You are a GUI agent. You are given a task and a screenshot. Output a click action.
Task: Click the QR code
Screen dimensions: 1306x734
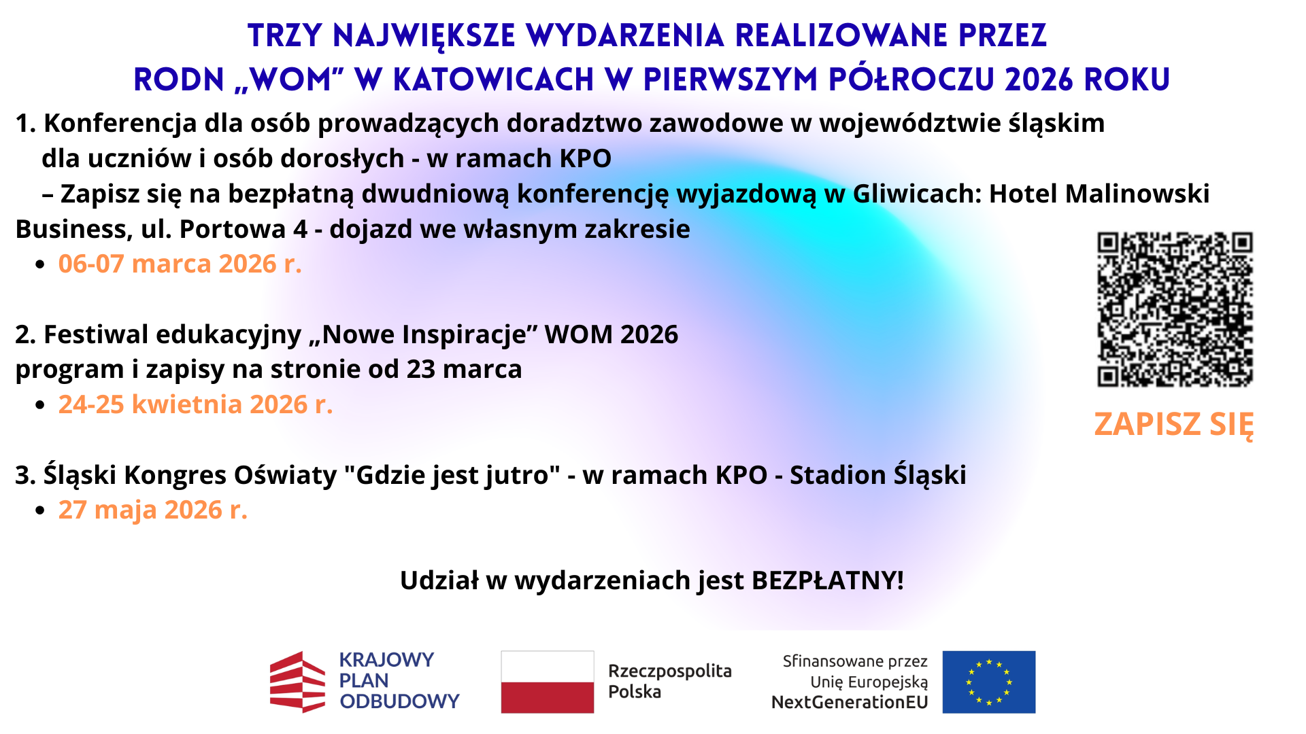[x=1175, y=309]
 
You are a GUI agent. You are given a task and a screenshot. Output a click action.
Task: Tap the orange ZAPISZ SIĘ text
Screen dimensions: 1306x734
[x=1174, y=425]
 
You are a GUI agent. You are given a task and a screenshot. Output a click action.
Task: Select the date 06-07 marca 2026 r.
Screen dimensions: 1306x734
[x=180, y=264]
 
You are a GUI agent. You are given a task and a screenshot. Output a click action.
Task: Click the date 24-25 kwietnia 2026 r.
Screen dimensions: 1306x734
[x=195, y=404]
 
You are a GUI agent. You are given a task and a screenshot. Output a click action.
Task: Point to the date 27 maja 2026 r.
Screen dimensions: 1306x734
[x=152, y=510]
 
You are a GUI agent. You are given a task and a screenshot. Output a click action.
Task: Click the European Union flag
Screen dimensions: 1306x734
[x=989, y=682]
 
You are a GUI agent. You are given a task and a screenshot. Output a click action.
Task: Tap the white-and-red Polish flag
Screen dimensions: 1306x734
[x=548, y=682]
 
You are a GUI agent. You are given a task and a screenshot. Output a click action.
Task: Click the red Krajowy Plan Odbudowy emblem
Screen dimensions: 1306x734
[x=297, y=682]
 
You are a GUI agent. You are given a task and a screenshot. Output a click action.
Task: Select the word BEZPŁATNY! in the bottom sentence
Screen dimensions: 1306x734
[x=828, y=580]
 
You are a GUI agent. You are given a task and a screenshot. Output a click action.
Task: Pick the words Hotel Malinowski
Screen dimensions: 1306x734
[x=1099, y=194]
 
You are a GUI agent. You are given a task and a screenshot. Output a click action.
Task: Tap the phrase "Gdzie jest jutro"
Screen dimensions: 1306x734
[x=452, y=475]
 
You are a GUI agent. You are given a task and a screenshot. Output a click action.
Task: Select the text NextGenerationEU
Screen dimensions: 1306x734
[x=850, y=703]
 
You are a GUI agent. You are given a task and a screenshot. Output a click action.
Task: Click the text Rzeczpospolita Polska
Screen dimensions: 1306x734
[x=670, y=681]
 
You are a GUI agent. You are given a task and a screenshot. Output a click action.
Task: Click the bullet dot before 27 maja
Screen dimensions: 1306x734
[x=40, y=510]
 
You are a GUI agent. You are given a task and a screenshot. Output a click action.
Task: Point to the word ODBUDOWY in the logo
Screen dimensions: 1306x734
[x=400, y=701]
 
